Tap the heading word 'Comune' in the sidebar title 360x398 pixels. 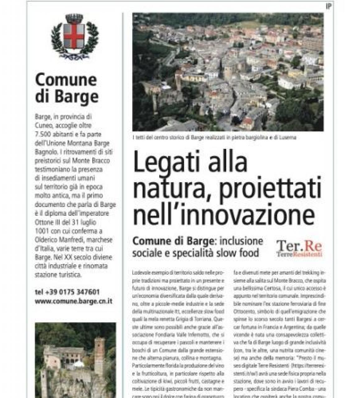(x=66, y=80)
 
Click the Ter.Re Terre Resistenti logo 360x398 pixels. (x=299, y=248)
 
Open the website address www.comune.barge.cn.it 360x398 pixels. (x=73, y=301)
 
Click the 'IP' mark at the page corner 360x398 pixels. (x=329, y=6)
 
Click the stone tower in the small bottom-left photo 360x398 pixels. (x=100, y=354)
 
